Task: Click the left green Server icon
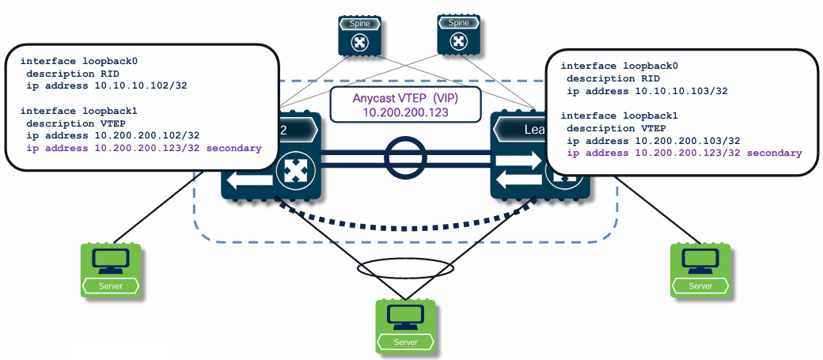click(x=111, y=270)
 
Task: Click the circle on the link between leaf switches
click(x=406, y=156)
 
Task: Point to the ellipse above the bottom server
click(x=405, y=269)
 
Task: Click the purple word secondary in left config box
click(x=233, y=148)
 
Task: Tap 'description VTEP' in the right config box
click(x=613, y=128)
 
